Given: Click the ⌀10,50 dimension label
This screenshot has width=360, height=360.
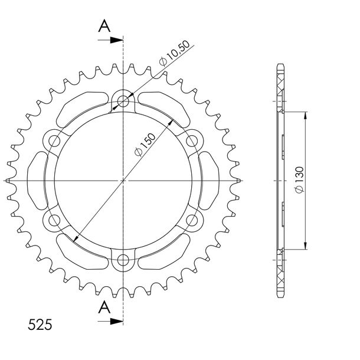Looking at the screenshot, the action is [175, 53].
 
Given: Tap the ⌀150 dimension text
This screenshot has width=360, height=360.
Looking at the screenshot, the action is [145, 145].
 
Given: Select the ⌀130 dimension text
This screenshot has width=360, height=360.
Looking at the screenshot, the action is [299, 180].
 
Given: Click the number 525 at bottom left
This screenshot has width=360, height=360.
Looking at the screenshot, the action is [40, 325].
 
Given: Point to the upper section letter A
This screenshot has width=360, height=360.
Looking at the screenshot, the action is [104, 26].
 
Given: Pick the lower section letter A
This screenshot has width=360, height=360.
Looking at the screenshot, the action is [104, 307].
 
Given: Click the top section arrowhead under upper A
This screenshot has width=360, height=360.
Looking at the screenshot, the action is [117, 40].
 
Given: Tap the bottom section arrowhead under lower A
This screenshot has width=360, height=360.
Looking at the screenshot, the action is [117, 322].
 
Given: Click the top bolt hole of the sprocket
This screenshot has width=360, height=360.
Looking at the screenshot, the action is [123, 102].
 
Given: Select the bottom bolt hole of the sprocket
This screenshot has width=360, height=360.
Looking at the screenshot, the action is [123, 260].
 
